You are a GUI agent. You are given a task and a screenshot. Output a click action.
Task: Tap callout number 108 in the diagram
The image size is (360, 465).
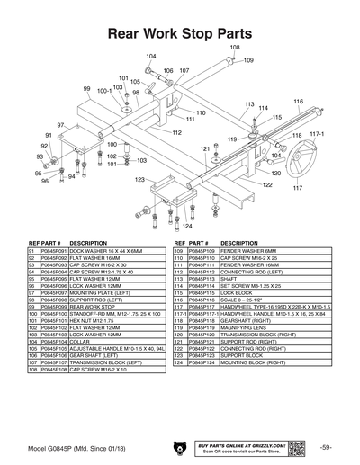[234, 46]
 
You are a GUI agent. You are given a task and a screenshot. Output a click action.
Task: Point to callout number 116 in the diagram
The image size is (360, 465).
[298, 102]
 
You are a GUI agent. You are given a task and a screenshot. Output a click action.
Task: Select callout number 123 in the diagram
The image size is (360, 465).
[140, 180]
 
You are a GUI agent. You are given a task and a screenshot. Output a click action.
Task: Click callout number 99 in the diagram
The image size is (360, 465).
[87, 89]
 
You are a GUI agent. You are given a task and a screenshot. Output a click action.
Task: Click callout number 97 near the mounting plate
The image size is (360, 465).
[61, 125]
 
